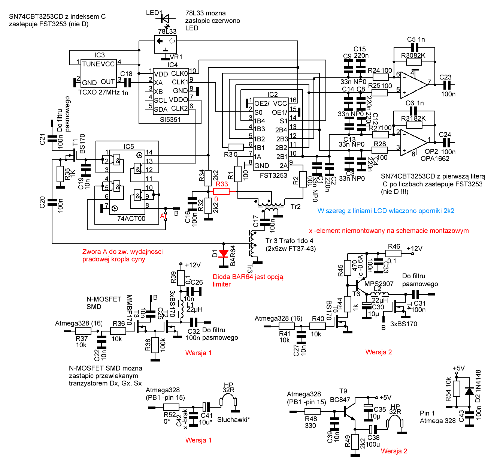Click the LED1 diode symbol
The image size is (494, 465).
[x=164, y=18]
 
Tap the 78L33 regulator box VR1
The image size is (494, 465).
[x=165, y=44]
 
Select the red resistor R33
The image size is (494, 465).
[x=221, y=191]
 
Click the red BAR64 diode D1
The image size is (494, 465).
[x=224, y=254]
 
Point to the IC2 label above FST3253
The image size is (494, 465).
[x=273, y=94]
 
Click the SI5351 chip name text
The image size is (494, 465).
[x=170, y=120]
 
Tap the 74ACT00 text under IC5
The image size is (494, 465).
[x=131, y=219]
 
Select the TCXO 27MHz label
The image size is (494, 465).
[x=99, y=92]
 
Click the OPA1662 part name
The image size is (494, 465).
[x=435, y=159]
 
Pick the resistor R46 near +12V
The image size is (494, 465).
[x=394, y=253]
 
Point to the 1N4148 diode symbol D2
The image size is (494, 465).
[x=469, y=391]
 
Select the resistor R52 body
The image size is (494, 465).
[x=171, y=407]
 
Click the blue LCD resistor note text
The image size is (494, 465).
[x=386, y=211]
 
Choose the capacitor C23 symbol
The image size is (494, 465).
[x=446, y=85]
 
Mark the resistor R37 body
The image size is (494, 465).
[x=83, y=331]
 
